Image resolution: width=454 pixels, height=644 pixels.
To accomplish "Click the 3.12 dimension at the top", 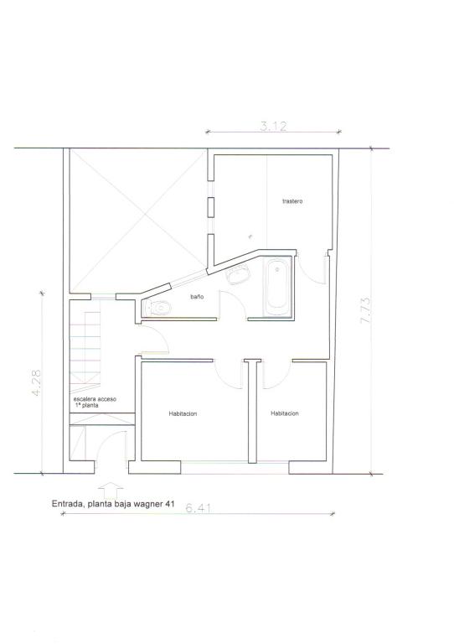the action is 273,126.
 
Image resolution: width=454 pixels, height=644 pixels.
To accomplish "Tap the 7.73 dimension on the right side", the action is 365,310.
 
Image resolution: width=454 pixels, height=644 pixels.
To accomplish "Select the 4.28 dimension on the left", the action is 36,382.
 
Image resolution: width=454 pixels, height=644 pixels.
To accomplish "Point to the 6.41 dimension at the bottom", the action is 199,508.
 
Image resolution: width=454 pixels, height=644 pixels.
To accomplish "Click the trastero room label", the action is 292,201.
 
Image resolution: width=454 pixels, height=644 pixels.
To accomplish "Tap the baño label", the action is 197,297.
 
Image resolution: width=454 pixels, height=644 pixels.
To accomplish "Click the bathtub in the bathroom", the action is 276,287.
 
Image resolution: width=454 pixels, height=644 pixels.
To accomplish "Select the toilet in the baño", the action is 157,308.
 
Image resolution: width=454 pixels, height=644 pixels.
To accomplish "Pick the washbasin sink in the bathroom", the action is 239,274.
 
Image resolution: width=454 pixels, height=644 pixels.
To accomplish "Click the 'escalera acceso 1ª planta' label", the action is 95,402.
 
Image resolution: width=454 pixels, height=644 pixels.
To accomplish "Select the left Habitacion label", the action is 183,413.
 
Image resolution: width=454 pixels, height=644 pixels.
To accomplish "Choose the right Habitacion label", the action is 285,413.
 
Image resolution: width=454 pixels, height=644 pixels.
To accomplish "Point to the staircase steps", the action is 85,347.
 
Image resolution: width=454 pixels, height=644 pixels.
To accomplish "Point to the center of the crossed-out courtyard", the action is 137,221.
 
